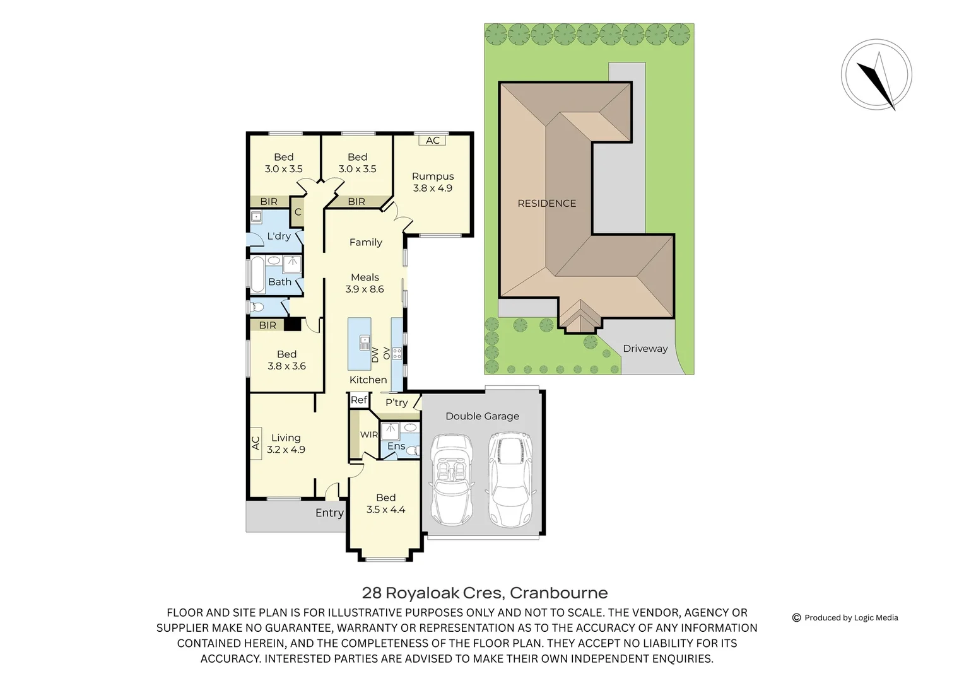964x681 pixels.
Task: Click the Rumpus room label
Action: tap(433, 177)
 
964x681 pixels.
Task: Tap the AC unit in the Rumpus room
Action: tap(433, 141)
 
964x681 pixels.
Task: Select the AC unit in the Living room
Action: tap(256, 443)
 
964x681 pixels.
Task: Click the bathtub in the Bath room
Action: tap(257, 274)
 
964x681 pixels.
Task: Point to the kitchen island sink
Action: tap(365, 343)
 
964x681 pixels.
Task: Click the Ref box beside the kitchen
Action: tap(359, 400)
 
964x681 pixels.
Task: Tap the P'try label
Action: tap(396, 402)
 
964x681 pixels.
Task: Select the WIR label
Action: tap(368, 434)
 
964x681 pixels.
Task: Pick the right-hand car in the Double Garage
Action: tap(510, 479)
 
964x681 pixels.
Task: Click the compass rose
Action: tap(876, 75)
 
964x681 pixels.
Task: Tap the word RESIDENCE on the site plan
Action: tap(546, 203)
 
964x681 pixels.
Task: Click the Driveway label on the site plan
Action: tap(645, 348)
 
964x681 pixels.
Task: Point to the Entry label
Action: tap(329, 513)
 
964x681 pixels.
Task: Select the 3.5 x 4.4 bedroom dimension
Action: tap(385, 509)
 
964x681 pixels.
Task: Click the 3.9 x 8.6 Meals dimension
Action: tap(365, 289)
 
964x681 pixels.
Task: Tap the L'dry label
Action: tap(279, 236)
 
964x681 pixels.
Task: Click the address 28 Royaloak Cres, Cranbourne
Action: tap(485, 593)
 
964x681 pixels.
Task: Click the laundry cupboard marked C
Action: tap(298, 212)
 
